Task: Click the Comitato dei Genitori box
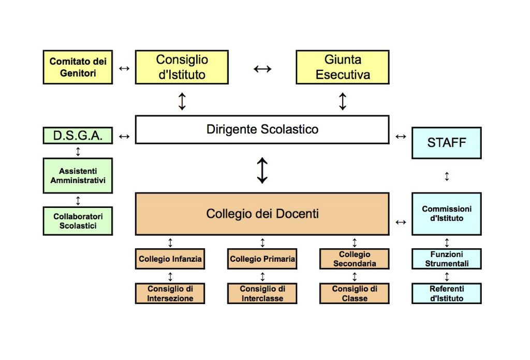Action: click(x=77, y=67)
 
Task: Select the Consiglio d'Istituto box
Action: click(x=182, y=67)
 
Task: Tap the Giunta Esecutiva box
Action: click(x=342, y=67)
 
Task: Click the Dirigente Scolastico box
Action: click(x=262, y=129)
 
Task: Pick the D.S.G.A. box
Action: click(x=77, y=136)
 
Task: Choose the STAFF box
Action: click(x=446, y=142)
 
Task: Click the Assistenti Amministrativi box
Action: click(x=77, y=176)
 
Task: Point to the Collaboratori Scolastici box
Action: click(x=77, y=221)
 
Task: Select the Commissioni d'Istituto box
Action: click(x=446, y=214)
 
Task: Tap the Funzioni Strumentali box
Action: click(x=446, y=259)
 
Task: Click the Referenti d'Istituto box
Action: click(x=446, y=293)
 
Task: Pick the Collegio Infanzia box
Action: click(x=170, y=259)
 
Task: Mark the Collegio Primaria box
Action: click(x=262, y=259)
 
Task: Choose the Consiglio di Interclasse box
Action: click(x=262, y=293)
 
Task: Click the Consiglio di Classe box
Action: click(x=355, y=293)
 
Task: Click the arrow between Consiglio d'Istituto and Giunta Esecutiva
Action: click(x=262, y=68)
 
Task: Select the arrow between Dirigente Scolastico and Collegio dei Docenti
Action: click(x=262, y=170)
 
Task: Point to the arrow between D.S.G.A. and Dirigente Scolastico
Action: click(x=124, y=137)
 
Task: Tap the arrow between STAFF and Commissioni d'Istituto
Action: click(x=447, y=176)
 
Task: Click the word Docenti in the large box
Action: click(x=297, y=214)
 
